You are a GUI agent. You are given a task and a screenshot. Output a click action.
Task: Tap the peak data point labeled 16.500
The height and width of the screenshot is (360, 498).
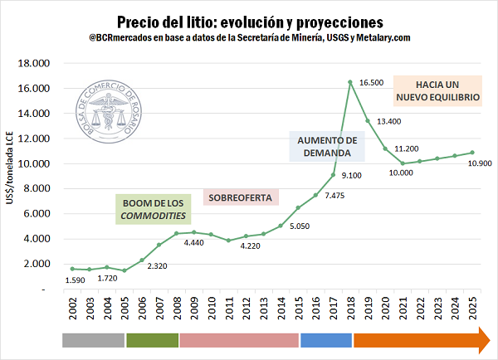350,81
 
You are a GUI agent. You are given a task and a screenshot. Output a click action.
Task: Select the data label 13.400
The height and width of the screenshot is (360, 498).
389,122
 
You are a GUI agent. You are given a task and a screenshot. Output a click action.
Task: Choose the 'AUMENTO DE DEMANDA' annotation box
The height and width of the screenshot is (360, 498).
327,146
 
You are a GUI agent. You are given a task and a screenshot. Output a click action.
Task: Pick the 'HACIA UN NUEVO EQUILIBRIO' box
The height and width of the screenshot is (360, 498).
437,90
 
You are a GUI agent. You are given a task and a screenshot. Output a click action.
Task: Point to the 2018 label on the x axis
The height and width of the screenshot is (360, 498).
350,311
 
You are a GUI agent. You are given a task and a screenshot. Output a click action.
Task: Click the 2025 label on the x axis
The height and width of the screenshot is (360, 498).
472,311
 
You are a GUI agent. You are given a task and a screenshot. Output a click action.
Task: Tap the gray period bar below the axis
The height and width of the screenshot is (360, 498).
93,340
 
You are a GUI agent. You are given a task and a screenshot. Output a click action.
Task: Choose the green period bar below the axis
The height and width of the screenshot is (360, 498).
152,340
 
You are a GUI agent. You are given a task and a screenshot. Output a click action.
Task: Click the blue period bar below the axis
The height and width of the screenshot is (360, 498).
326,340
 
